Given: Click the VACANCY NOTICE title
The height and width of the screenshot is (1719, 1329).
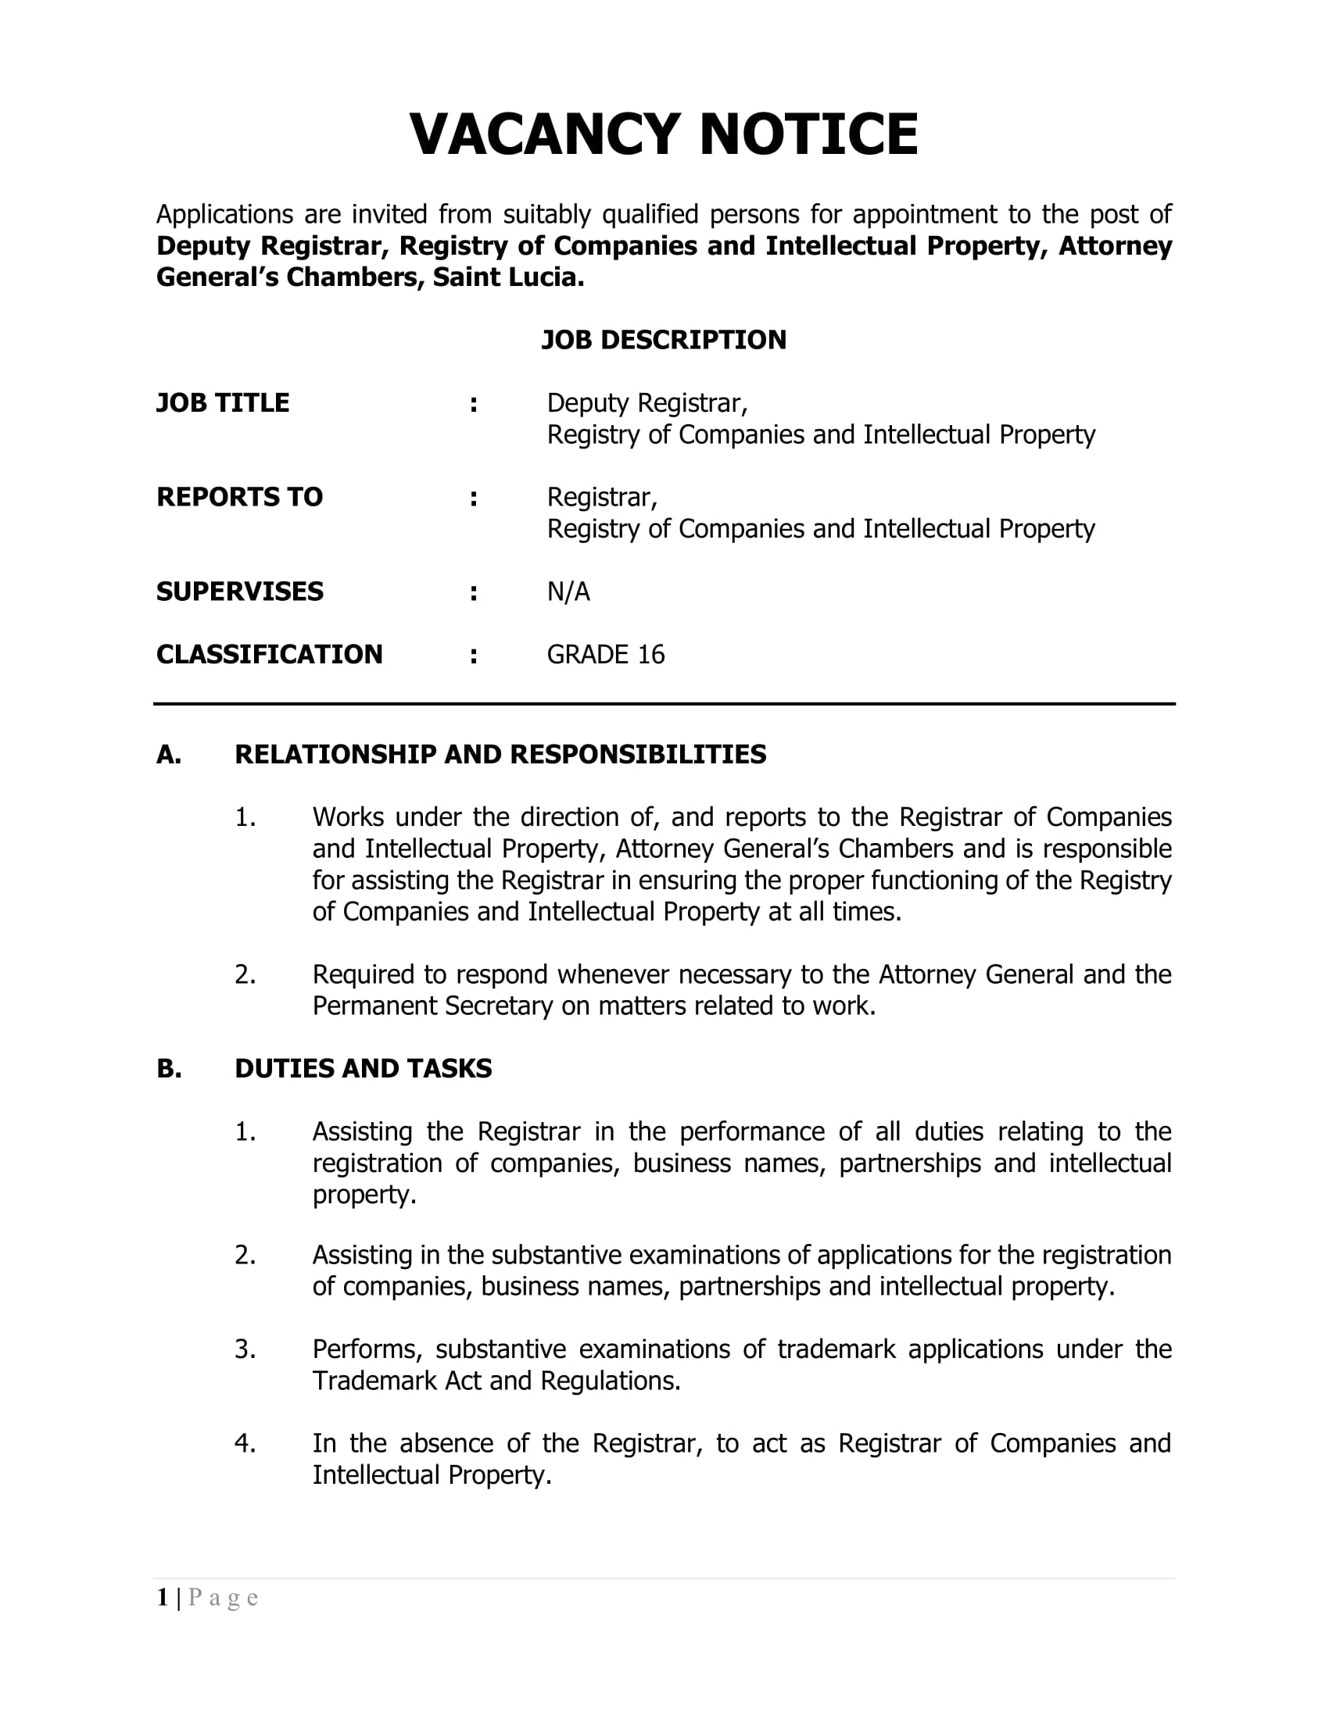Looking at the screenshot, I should click(x=664, y=134).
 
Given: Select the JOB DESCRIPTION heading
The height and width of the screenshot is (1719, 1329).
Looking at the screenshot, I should click(x=664, y=340).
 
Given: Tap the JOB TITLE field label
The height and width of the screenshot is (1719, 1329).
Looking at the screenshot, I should click(x=223, y=403).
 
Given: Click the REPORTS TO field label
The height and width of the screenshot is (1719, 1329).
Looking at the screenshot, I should click(x=239, y=498).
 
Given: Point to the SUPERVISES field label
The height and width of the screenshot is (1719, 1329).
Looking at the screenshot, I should click(x=239, y=592).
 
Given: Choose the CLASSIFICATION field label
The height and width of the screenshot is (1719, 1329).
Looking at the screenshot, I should click(x=269, y=655).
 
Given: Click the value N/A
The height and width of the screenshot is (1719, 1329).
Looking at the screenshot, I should click(x=568, y=592).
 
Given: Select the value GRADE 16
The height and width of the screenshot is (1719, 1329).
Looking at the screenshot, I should click(x=605, y=655).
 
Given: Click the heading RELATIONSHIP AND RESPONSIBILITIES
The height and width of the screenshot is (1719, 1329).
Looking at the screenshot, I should click(x=500, y=755).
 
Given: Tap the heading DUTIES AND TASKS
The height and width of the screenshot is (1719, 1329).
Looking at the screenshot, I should click(x=363, y=1069).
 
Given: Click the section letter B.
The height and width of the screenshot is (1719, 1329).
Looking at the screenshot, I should click(x=168, y=1069).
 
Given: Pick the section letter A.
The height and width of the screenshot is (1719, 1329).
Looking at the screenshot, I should click(x=168, y=755).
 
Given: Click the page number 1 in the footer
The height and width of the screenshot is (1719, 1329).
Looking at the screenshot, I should click(x=162, y=1598).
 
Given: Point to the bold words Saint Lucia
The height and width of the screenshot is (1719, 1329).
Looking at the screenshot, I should click(x=508, y=278).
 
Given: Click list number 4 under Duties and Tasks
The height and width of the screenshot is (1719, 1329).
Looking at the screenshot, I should click(x=245, y=1443).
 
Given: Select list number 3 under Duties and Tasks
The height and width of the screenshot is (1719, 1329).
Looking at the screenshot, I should click(x=245, y=1349).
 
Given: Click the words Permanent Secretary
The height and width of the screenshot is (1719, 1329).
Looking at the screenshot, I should click(x=432, y=1006).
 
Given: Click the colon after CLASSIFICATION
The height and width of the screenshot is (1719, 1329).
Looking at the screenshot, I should click(x=473, y=656).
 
